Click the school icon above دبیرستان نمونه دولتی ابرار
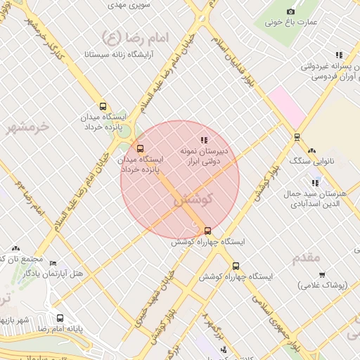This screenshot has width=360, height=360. pos(204,141)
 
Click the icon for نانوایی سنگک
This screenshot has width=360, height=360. pos(311,150)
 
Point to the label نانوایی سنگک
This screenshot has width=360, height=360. pos(310,161)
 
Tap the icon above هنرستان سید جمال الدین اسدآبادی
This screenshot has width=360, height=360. pos(315,183)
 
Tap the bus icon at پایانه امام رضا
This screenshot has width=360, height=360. pos(60,318)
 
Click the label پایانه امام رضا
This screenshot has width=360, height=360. pos(60,328)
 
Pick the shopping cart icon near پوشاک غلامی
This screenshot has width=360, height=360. pos(322,275)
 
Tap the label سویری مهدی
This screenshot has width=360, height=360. pos(127,4)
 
